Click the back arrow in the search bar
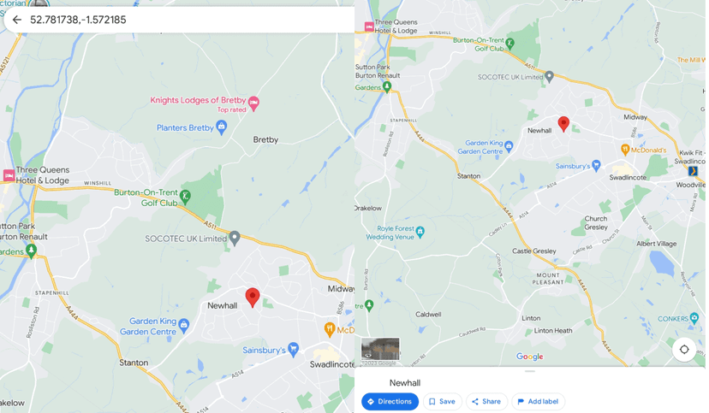tap(16, 20)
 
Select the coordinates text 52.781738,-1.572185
tap(78, 20)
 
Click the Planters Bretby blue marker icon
tap(222, 127)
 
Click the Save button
tap(442, 402)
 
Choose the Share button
tap(486, 402)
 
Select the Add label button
tap(538, 402)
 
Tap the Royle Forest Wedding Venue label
tap(390, 233)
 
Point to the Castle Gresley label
tap(533, 251)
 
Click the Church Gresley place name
tap(596, 223)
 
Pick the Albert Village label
tap(656, 244)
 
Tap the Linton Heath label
tap(553, 331)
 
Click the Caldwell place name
tap(428, 314)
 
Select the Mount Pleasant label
tap(549, 278)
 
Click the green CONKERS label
tap(678, 319)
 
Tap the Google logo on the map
tap(529, 357)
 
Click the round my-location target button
tap(683, 350)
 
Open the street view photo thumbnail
tap(380, 349)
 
